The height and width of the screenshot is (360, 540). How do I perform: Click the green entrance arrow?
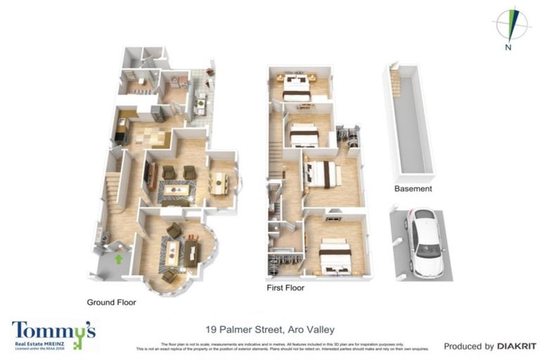pyautogui.click(x=119, y=259)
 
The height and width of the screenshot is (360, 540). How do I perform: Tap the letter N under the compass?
pyautogui.click(x=507, y=48)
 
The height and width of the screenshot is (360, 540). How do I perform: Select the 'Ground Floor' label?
pyautogui.click(x=111, y=302)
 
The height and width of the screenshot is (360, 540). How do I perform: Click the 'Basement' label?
pyautogui.click(x=413, y=188)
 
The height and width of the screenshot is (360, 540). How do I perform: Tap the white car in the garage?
pyautogui.click(x=426, y=243)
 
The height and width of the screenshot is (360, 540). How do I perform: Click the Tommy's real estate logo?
pyautogui.click(x=53, y=334)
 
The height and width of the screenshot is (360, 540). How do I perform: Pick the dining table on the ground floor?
pyautogui.click(x=221, y=183)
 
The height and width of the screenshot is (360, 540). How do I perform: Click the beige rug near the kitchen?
pyautogui.click(x=150, y=134)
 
